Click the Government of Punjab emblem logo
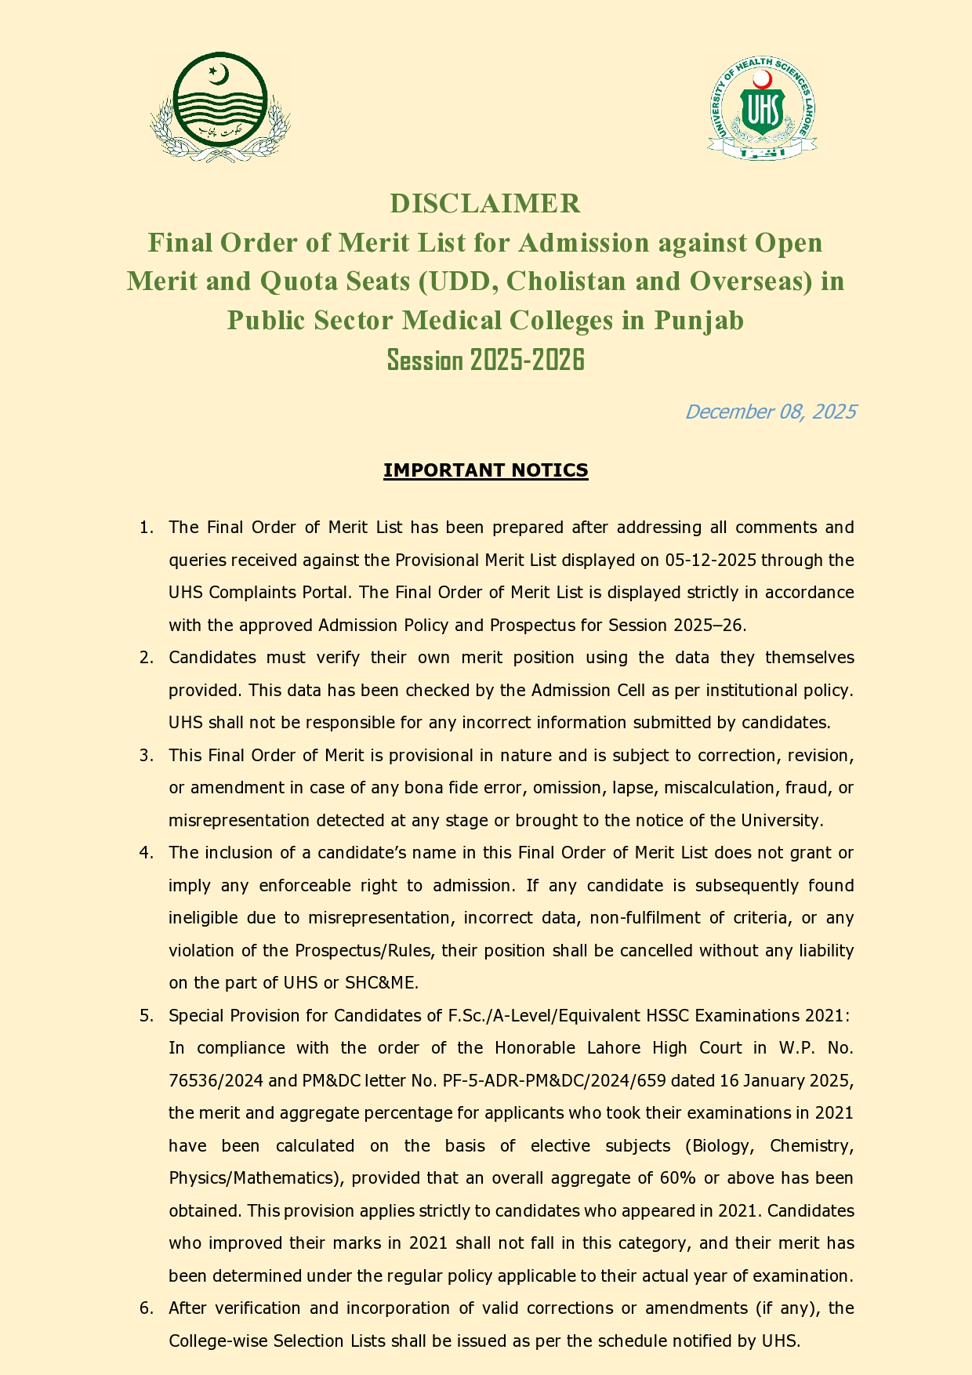(x=220, y=107)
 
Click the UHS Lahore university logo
(x=762, y=109)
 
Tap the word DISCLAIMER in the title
(x=485, y=203)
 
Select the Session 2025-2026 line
(x=486, y=360)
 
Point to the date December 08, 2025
(x=770, y=412)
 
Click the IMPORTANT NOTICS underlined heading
(x=485, y=470)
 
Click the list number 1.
(x=145, y=528)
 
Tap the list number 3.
(x=145, y=756)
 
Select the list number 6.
(x=145, y=1308)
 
